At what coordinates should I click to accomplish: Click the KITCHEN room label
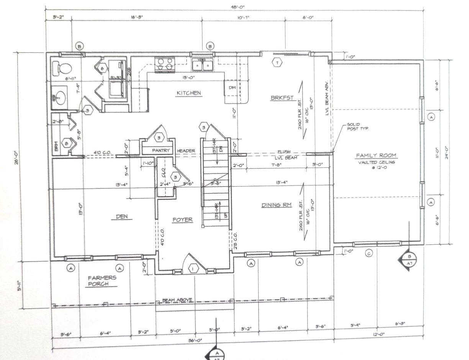(189, 93)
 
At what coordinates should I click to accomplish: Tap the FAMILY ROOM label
(376, 155)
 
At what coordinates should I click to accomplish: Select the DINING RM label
(276, 205)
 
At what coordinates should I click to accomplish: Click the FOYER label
(182, 219)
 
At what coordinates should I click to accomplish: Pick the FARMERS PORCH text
(102, 281)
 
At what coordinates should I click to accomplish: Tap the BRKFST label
(282, 98)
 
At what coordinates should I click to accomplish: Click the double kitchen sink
(203, 65)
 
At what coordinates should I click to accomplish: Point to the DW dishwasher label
(232, 88)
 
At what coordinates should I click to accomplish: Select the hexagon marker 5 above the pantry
(159, 137)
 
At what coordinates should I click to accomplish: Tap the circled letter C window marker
(369, 253)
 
